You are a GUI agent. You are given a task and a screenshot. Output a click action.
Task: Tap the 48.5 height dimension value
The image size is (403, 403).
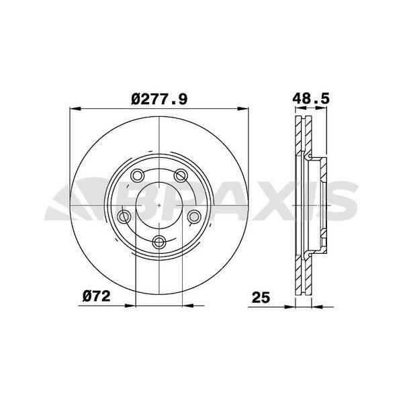pyautogui.click(x=310, y=98)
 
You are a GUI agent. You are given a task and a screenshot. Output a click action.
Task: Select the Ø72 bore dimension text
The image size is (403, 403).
pyautogui.click(x=96, y=296)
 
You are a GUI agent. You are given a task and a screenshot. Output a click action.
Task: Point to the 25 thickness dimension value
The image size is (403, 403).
pyautogui.click(x=261, y=296)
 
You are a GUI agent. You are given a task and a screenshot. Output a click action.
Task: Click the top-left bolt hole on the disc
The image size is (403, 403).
pyautogui.click(x=137, y=176)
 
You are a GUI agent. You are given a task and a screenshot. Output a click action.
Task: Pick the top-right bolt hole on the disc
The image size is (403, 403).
pyautogui.click(x=181, y=176)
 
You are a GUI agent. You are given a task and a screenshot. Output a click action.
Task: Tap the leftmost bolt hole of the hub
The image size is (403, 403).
pyautogui.click(x=124, y=216)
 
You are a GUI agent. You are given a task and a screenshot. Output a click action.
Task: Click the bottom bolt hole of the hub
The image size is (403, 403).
pyautogui.click(x=159, y=242)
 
